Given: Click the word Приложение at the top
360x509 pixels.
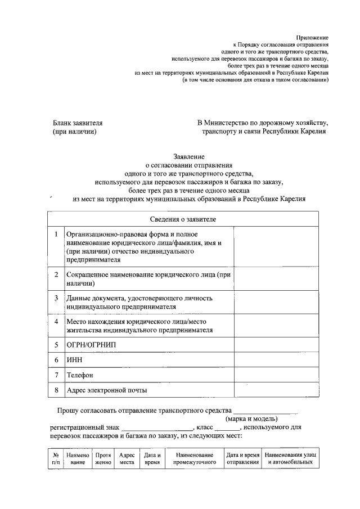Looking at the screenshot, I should tap(312, 37).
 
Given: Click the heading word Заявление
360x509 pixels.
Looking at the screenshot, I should tap(188, 156).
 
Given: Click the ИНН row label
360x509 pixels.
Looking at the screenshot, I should tap(75, 359).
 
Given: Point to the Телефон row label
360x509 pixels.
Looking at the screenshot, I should tap(80, 375).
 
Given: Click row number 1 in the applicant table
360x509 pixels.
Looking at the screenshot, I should tap(56, 233).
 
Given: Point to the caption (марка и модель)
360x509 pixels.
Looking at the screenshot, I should tap(252, 419).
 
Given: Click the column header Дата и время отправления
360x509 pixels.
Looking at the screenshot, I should tap(242, 458).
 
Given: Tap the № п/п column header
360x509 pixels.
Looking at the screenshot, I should tap(56, 458).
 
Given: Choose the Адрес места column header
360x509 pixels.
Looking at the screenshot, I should tap(127, 458).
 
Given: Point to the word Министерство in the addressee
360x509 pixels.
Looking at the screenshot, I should tap(228, 122).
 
